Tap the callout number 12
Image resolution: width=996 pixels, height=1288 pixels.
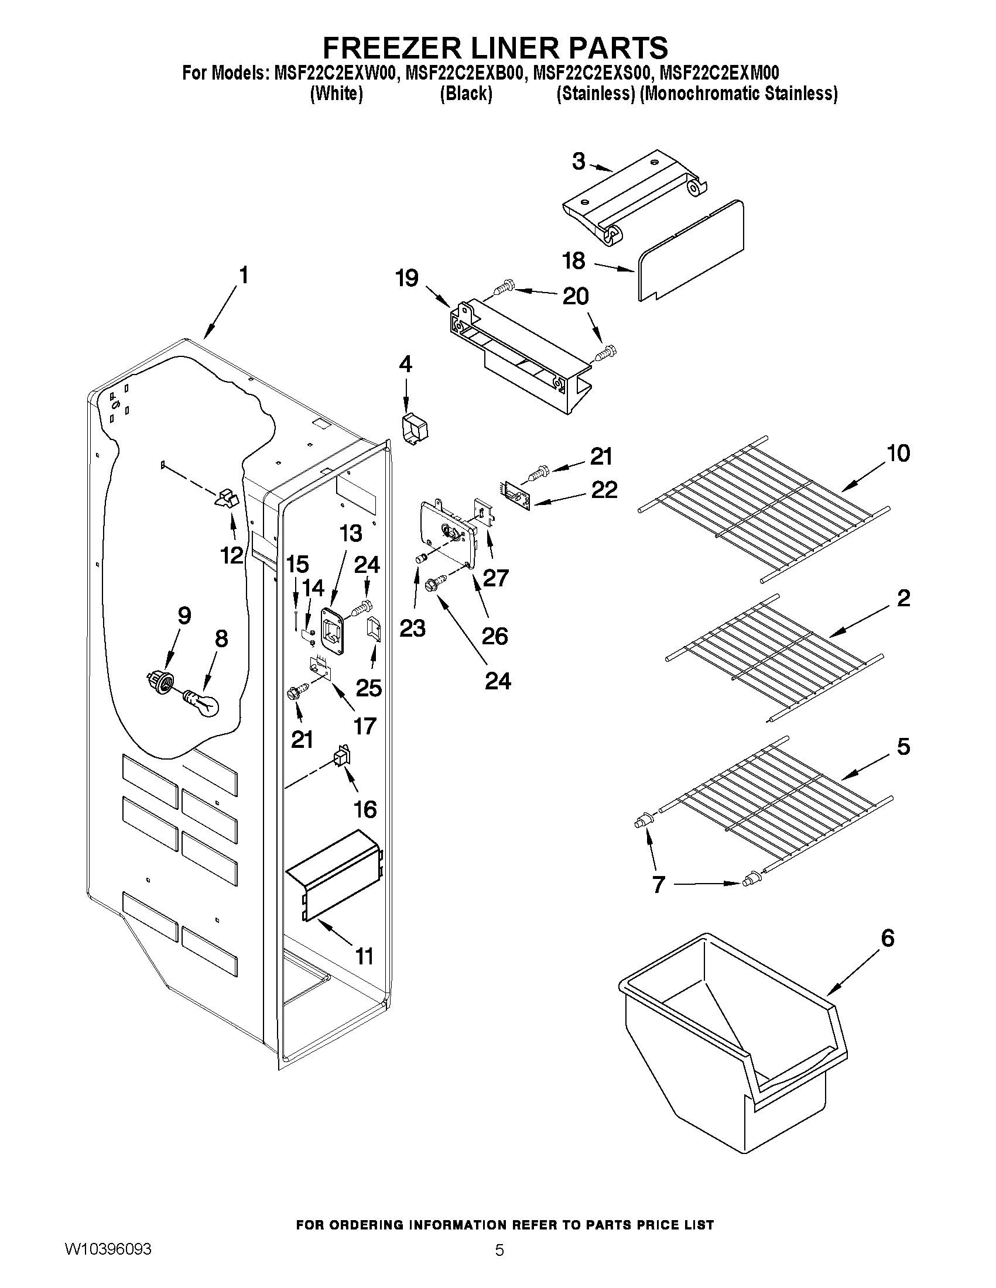232,555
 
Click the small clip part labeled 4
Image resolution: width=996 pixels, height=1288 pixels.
414,427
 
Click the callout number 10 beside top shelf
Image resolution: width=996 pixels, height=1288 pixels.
898,454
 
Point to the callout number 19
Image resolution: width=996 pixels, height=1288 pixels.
407,279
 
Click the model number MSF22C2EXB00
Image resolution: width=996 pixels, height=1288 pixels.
464,73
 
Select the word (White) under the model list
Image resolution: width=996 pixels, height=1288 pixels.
336,94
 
